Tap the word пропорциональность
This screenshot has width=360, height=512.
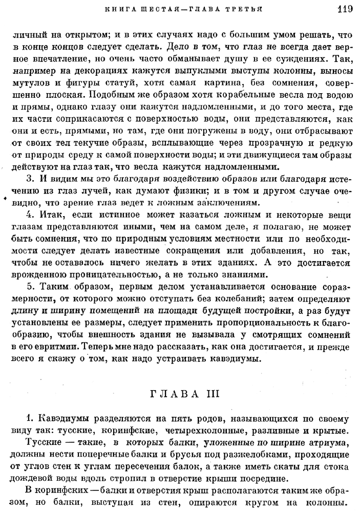(249, 323)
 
